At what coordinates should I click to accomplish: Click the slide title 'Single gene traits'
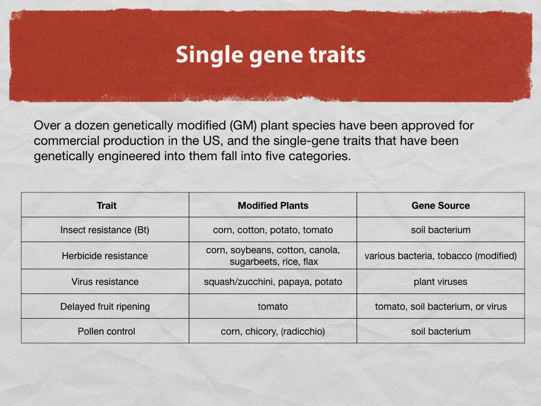tap(270, 55)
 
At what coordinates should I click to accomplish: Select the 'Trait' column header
tap(107, 205)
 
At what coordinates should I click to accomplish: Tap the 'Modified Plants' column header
tap(273, 205)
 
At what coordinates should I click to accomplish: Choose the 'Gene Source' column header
tap(440, 205)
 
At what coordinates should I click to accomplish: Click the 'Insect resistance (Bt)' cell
tap(105, 230)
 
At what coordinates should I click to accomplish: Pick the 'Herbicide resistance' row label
tap(105, 256)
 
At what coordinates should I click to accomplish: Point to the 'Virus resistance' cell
tap(105, 281)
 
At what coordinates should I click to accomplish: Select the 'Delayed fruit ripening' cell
tap(105, 306)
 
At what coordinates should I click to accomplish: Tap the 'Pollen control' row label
tap(106, 331)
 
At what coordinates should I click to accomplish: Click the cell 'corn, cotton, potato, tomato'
tap(273, 230)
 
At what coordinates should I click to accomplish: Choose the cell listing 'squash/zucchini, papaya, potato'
tap(273, 281)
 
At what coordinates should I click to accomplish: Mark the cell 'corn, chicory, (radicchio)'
tap(273, 331)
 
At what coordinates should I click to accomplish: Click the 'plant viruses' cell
tap(440, 281)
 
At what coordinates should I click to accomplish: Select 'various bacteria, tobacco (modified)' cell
tap(440, 256)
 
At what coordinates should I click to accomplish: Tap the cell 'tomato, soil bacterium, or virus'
tap(440, 306)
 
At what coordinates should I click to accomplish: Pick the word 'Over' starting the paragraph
tap(47, 126)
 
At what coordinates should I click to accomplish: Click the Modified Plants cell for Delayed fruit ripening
tap(273, 306)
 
